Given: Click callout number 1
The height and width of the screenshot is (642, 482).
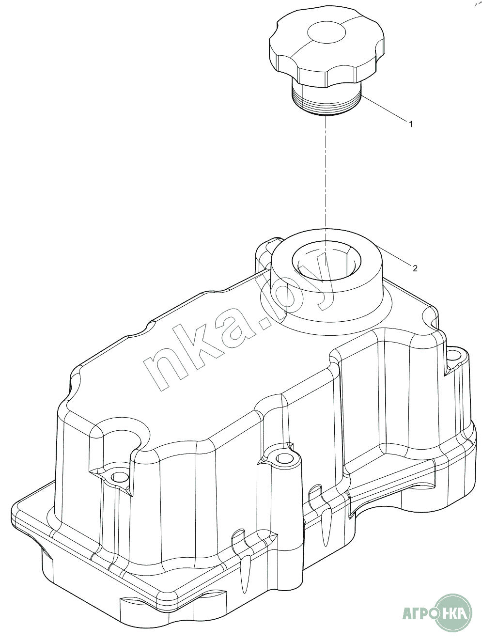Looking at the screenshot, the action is [x=411, y=124].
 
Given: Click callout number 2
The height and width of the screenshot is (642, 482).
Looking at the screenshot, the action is [x=415, y=268].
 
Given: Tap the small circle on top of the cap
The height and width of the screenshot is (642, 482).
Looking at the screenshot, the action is [x=326, y=32].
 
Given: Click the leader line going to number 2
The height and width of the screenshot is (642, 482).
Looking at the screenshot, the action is [x=395, y=255].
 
